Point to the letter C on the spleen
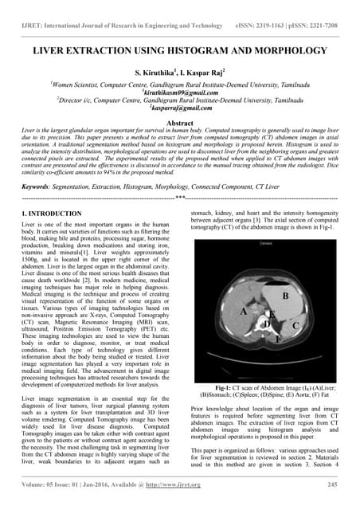point(295,348)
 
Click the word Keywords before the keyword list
point(38,186)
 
